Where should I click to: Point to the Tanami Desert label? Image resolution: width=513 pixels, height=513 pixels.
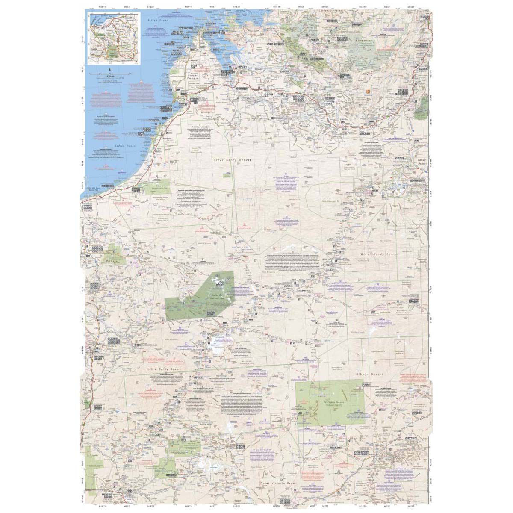[x=422, y=162]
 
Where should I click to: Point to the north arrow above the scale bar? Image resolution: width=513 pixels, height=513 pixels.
[x=110, y=69]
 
